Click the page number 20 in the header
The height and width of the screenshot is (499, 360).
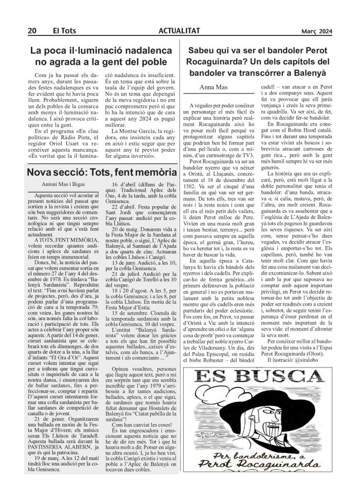tap(31, 31)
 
